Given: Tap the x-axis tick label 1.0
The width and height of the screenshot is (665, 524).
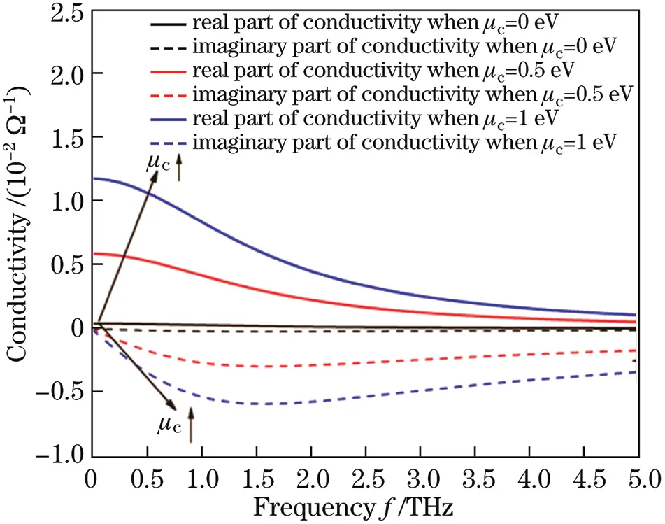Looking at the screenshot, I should [201, 480].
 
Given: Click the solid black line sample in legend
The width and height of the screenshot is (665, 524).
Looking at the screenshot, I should [169, 24].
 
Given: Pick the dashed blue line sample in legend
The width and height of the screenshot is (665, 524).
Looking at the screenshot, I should [169, 143].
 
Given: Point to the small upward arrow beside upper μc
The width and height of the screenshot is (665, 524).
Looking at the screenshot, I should [179, 168].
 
